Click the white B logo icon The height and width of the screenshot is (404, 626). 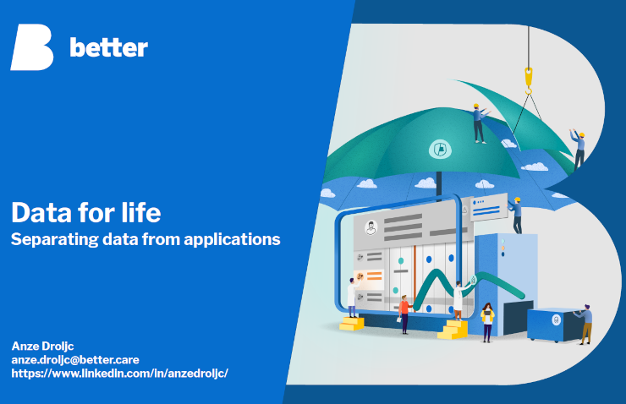pos(32,47)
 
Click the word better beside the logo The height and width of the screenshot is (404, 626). pos(108,47)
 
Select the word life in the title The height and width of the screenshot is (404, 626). pos(141,212)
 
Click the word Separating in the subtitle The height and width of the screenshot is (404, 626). pos(55,240)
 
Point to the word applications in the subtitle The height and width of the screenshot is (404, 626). pos(232,240)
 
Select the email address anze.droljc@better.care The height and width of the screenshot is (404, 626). pos(75,360)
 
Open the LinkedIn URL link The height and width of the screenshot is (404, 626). pos(120,374)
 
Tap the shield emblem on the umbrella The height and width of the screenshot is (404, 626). pos(440,150)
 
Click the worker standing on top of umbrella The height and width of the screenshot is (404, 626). pos(479,123)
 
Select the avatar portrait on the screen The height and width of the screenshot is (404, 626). pos(371,228)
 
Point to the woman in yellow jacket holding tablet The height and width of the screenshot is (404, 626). pos(487,322)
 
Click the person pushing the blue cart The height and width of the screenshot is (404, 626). pos(585,324)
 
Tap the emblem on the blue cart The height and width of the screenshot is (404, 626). pos(556,319)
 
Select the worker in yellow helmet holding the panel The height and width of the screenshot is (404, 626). pos(516,216)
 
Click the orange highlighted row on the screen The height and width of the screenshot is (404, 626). pos(369,276)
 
